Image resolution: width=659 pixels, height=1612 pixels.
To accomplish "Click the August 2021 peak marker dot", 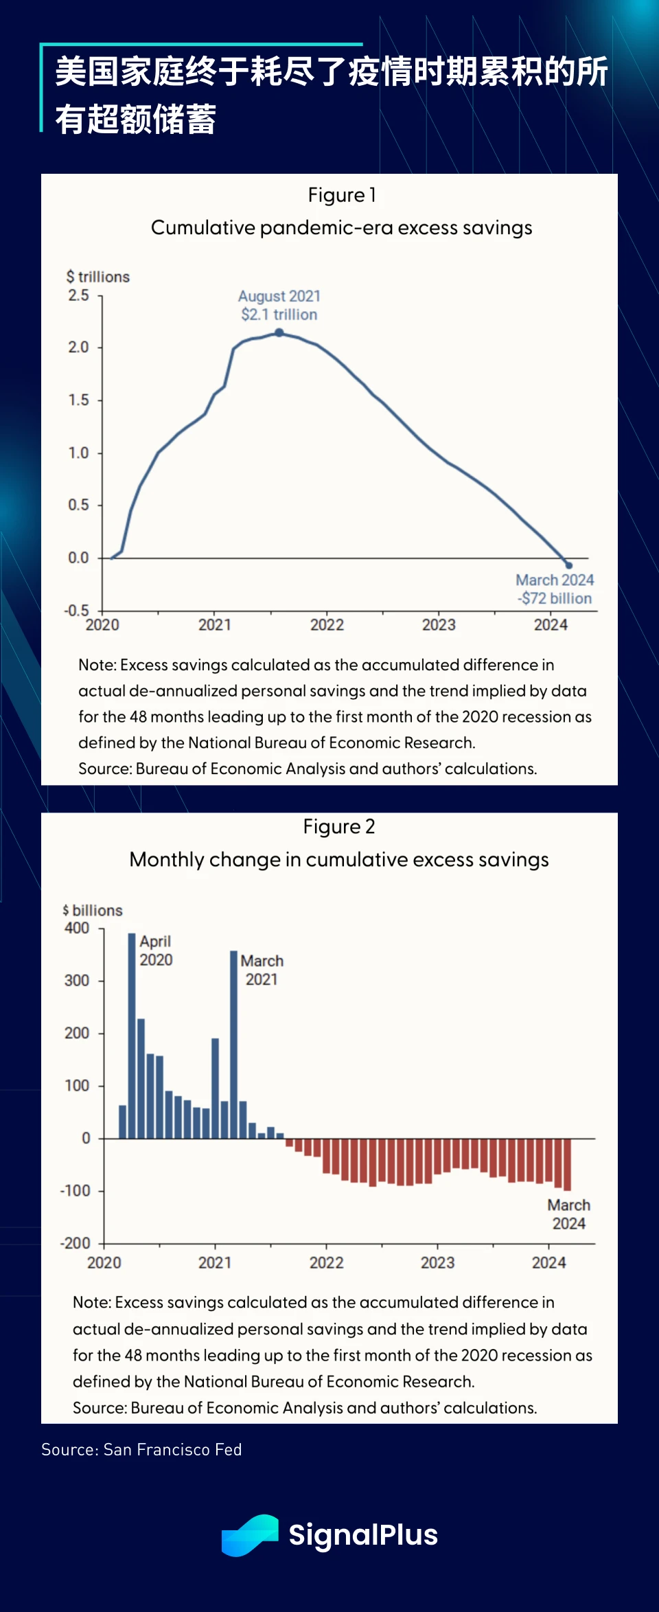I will click(x=279, y=332).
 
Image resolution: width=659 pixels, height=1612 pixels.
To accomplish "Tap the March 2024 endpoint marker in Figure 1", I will click(x=568, y=565).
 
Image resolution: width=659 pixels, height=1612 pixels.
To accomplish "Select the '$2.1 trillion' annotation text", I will click(x=279, y=315).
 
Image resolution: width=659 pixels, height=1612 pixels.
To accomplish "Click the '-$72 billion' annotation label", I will click(x=555, y=598).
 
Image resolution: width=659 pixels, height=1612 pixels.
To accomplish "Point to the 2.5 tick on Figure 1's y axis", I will click(x=79, y=295).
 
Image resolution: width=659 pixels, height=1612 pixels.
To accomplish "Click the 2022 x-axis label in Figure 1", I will click(x=327, y=625).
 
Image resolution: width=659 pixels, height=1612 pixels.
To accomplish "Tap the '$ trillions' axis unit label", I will click(x=98, y=277).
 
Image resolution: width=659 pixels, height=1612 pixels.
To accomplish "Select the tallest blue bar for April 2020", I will click(x=132, y=1035).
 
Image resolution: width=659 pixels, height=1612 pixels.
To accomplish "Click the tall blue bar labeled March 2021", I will click(x=233, y=1044).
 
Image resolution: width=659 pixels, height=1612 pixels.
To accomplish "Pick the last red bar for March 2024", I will click(x=567, y=1164).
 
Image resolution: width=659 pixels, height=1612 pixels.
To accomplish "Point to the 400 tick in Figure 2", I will click(x=77, y=928).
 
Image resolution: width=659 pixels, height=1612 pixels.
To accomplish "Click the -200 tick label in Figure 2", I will click(x=76, y=1243).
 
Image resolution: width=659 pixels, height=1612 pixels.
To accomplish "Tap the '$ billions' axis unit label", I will click(x=93, y=910).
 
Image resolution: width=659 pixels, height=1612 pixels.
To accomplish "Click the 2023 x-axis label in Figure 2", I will click(x=437, y=1262).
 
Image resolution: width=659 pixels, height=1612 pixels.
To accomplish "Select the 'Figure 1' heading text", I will click(x=341, y=195).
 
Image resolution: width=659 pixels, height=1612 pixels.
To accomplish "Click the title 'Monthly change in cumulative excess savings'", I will click(x=339, y=859).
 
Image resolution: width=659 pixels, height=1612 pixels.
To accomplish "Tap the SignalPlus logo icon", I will click(x=250, y=1535).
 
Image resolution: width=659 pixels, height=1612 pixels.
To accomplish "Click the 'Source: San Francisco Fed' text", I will click(x=141, y=1450).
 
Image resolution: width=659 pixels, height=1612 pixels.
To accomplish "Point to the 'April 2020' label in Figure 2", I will click(x=156, y=951).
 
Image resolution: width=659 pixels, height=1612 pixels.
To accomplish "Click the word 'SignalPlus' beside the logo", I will click(x=363, y=1535).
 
